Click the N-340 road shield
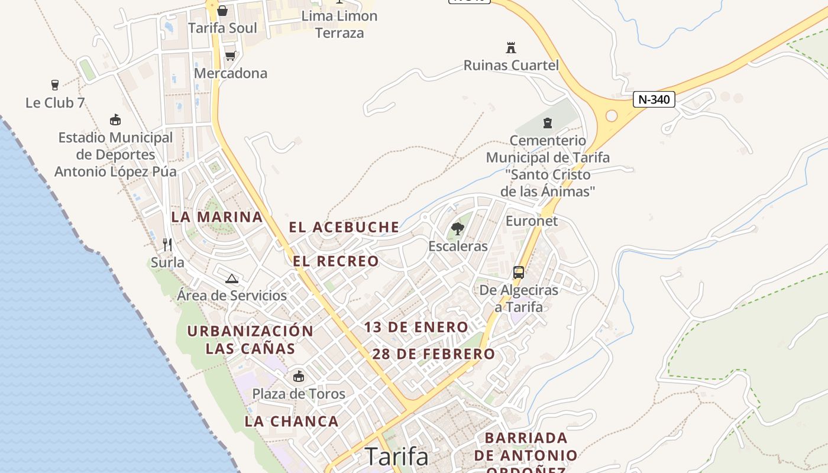coord(654,99)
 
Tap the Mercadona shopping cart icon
coord(230,56)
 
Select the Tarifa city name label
coord(396,456)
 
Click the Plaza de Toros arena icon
coord(299,376)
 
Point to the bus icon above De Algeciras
coord(519,273)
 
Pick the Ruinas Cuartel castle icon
coord(511,47)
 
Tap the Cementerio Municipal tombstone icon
coord(548,123)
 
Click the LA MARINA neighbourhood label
coord(217,217)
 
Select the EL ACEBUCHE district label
coord(344,227)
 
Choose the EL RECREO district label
coord(335,261)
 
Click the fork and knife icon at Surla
coord(167,244)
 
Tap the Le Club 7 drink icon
coord(55,85)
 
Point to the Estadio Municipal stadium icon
coord(115,120)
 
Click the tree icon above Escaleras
coord(457,228)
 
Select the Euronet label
coord(531,221)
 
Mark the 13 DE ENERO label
coord(416,327)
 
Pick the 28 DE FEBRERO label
coord(434,354)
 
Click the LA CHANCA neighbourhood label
coord(292,422)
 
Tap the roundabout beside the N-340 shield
coord(612,116)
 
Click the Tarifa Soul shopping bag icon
coord(222,11)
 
